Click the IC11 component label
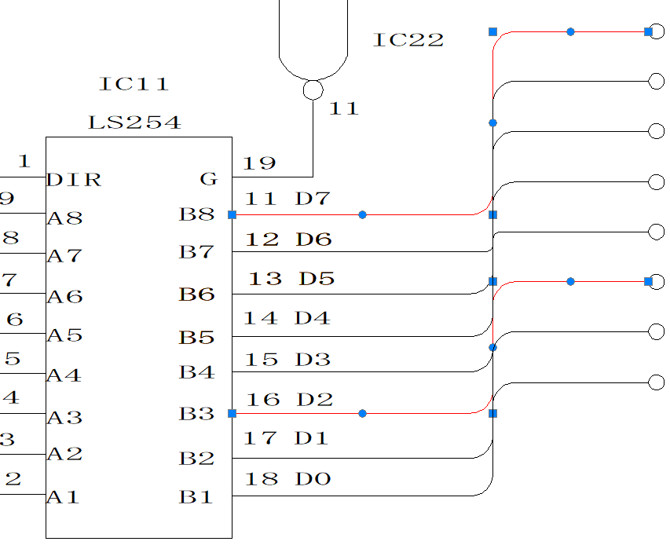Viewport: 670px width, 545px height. (134, 84)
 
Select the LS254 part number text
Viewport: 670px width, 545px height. (134, 123)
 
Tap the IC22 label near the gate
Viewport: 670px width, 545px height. (408, 40)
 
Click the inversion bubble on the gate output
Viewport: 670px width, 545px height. (313, 90)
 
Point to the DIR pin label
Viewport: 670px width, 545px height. (74, 180)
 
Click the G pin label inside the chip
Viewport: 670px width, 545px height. (208, 180)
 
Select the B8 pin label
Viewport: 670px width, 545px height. (196, 214)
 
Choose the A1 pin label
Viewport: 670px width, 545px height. (64, 497)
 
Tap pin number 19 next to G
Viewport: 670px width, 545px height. (259, 163)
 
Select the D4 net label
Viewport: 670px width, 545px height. (313, 319)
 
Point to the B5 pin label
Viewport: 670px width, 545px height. (196, 338)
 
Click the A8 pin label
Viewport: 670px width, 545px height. (64, 218)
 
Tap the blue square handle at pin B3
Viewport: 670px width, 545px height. (232, 413)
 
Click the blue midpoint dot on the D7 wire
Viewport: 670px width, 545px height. (362, 214)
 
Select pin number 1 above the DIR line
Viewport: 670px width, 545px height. (24, 162)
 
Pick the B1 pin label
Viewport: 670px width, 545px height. (196, 497)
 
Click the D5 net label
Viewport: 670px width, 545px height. (317, 279)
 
